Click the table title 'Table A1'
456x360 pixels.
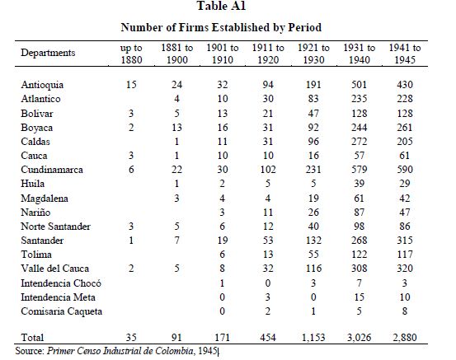(221, 6)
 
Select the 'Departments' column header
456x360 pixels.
(48, 53)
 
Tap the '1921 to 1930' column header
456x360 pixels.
(313, 54)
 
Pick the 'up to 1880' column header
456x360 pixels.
(131, 54)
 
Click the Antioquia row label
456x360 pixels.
(42, 85)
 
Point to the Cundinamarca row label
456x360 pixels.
(52, 170)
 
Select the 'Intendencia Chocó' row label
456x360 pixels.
(61, 283)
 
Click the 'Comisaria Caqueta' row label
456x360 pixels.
(61, 311)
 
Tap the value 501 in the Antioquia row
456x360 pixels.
(360, 85)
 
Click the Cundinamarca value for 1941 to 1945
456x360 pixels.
(405, 170)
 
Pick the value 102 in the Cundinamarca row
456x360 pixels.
(268, 170)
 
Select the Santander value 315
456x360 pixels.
(405, 241)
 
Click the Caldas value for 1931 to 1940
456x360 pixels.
(360, 142)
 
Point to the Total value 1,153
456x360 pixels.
(313, 337)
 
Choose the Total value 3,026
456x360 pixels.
(360, 337)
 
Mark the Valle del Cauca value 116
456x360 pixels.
(313, 269)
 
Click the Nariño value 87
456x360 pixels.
(360, 212)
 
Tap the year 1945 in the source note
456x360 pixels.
(207, 351)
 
